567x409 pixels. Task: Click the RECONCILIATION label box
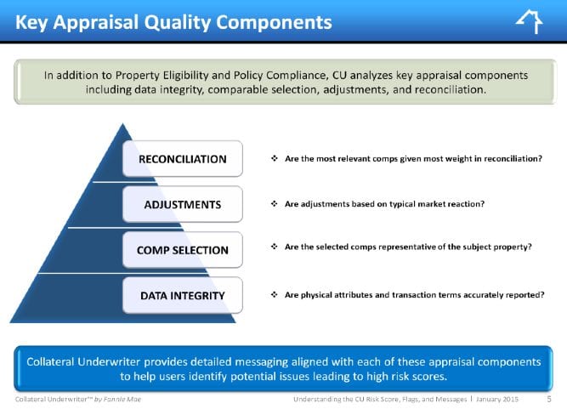[183, 159]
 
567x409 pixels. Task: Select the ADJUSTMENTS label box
[183, 204]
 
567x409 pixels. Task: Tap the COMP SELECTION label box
[183, 250]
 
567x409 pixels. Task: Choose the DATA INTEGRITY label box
[183, 295]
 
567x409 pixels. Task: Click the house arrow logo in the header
[530, 22]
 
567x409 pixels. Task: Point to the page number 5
[549, 400]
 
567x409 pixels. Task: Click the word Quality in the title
[178, 23]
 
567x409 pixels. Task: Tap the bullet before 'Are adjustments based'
[275, 203]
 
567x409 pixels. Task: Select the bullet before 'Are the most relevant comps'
[275, 158]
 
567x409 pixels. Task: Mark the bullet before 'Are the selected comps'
[275, 247]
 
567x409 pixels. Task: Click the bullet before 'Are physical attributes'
[275, 294]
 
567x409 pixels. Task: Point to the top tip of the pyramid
[123, 123]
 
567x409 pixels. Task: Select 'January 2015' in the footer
[497, 400]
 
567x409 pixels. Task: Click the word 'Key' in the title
[31, 23]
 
